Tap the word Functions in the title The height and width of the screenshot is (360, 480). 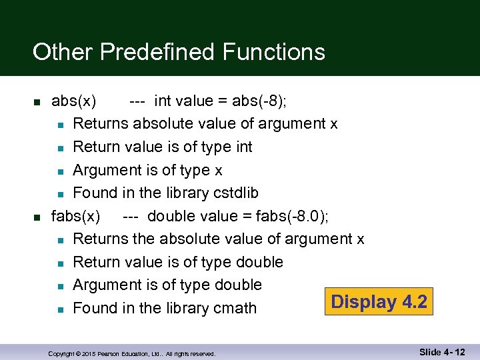(x=274, y=51)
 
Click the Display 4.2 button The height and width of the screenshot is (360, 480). (x=380, y=302)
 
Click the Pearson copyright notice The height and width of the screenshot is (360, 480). (x=132, y=354)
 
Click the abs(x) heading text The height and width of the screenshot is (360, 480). (x=73, y=101)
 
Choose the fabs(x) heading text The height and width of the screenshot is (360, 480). (x=76, y=216)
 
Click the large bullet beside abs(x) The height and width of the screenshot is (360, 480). (x=37, y=102)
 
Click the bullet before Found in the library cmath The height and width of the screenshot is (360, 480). (x=60, y=309)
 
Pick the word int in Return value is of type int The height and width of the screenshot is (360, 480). (x=244, y=147)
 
